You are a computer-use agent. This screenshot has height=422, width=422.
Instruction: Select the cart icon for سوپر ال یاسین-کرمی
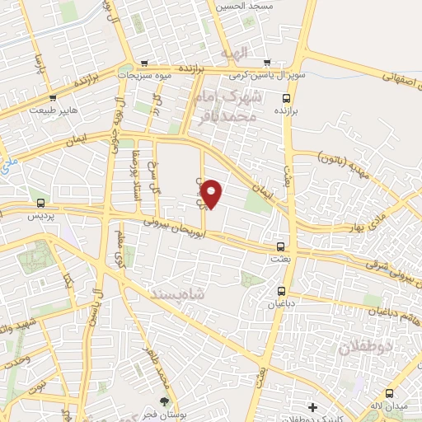[x=267, y=63]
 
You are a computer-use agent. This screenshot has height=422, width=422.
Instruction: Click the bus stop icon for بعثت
[x=281, y=246]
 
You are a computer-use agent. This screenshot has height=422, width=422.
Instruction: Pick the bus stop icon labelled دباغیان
[x=282, y=290]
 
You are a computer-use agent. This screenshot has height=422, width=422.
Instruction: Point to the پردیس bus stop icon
[x=40, y=203]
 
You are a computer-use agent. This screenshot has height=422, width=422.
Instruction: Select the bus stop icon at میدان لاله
[x=390, y=392]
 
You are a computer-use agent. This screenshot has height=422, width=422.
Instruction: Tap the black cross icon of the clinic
[x=312, y=406]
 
